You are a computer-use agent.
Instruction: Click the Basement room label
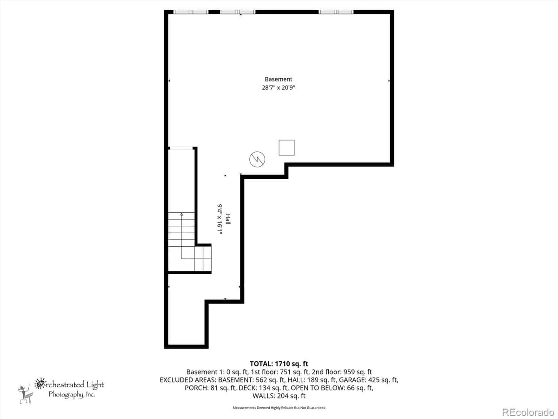279,80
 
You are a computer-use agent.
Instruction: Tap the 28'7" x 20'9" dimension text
279,88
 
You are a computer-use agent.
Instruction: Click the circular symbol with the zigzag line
257,159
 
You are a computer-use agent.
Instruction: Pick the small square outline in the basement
286,147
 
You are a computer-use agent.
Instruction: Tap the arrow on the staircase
181,216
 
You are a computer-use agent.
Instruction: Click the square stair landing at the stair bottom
203,259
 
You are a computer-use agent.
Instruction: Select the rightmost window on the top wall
336,12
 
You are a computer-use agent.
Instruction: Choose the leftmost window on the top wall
191,12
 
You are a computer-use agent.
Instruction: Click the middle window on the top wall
238,12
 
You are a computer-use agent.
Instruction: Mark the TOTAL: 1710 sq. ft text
279,364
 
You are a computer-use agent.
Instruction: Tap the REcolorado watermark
527,412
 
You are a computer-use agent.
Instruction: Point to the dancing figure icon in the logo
24,394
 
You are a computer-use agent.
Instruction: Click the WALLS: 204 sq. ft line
279,396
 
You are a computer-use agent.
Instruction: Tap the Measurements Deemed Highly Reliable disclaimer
279,408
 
